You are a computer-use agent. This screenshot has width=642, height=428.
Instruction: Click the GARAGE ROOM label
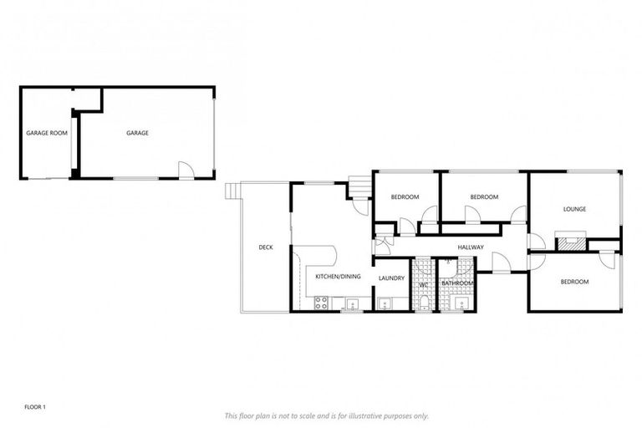[x=47, y=133]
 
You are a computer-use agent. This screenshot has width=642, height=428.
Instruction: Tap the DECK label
[x=266, y=247]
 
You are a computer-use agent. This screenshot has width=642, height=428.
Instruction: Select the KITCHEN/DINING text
[x=338, y=277]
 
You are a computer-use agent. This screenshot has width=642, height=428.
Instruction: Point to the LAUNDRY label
[x=391, y=278]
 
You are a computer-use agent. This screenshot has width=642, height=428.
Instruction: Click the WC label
[x=423, y=283]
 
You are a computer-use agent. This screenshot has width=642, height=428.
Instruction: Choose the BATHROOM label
[x=457, y=283]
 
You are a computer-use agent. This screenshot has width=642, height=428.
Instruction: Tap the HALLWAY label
[x=471, y=247]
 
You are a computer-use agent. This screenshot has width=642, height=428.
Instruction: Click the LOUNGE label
[x=574, y=209]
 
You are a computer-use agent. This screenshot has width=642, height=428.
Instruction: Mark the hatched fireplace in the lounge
[x=573, y=244]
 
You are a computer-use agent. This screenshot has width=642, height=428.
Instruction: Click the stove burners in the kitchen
[x=320, y=303]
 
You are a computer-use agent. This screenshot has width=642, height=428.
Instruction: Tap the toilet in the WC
[x=423, y=302]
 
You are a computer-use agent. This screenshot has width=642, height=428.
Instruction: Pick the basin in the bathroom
[x=457, y=303]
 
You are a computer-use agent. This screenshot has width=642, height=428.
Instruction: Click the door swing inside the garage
[x=186, y=170]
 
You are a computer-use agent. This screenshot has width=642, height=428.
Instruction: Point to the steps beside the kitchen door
[x=359, y=186]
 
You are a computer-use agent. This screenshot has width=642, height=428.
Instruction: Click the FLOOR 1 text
[x=35, y=407]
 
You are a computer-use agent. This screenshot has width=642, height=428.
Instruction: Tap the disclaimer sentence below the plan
[x=327, y=415]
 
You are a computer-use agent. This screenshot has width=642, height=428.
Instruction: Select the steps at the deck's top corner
[x=232, y=191]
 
